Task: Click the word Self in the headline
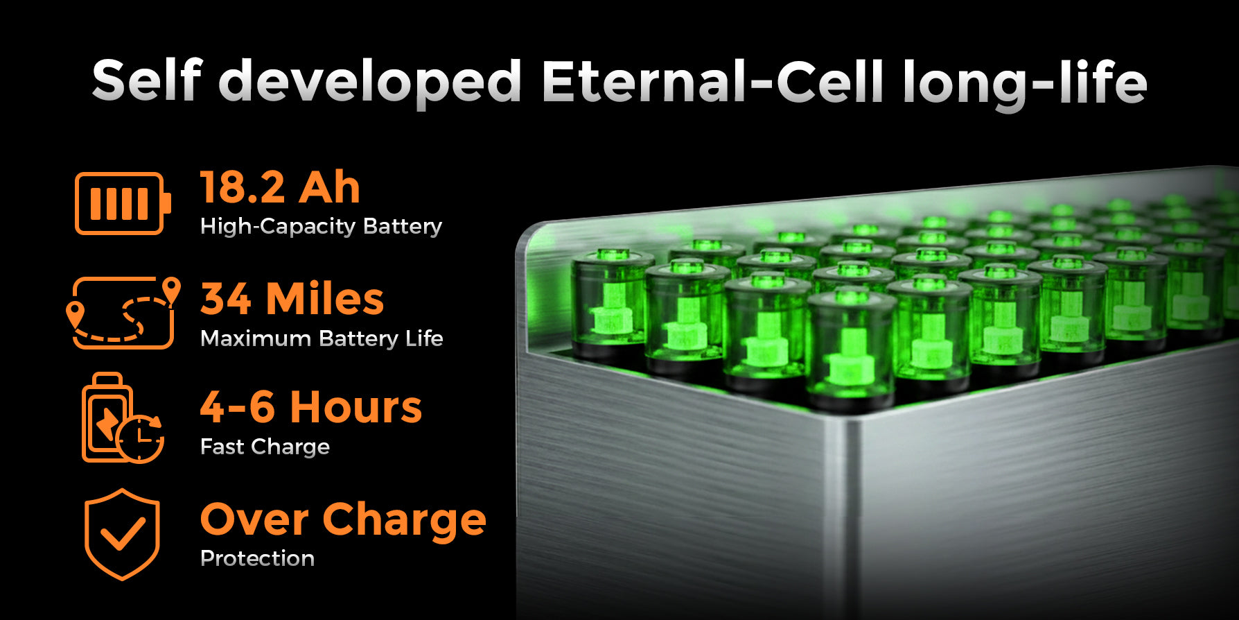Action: (147, 80)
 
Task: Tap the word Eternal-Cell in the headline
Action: (712, 80)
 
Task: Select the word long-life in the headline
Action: (1025, 84)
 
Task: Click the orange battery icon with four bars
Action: (123, 203)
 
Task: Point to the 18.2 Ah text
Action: (280, 187)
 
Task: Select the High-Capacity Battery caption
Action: (321, 227)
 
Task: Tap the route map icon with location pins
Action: (123, 312)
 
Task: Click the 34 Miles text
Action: (292, 299)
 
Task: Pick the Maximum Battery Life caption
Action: (322, 338)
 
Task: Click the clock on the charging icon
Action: (140, 438)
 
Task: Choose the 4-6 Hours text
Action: (311, 407)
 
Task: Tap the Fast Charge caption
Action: (265, 447)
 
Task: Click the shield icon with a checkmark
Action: (123, 534)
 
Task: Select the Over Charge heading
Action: (343, 521)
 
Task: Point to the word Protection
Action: (257, 558)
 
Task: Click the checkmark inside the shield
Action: (123, 535)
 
